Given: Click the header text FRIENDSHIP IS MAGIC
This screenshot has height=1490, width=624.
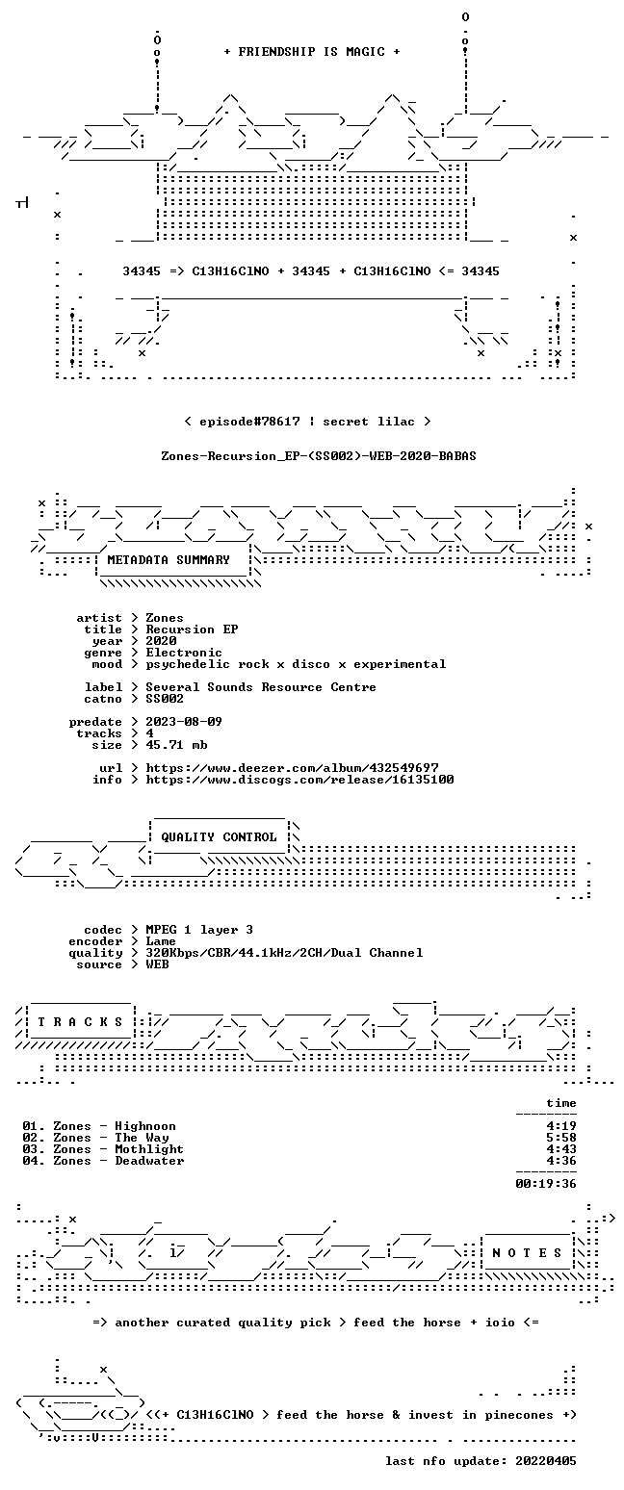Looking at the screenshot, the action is click(x=312, y=52).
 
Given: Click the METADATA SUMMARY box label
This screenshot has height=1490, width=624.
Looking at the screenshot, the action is click(x=169, y=560).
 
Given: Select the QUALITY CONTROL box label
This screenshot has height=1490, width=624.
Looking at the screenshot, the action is click(x=219, y=837).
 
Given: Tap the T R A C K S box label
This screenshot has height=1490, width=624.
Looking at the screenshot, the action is click(x=81, y=1022).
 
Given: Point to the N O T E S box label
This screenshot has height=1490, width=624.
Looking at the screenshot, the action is click(x=527, y=1253).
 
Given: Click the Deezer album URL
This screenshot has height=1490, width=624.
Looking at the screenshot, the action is click(x=292, y=768).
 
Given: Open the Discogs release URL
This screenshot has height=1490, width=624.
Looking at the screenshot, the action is click(x=300, y=780).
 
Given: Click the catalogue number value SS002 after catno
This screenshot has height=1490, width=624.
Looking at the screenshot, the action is click(x=165, y=699).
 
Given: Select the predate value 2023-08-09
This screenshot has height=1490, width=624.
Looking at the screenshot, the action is click(x=184, y=722).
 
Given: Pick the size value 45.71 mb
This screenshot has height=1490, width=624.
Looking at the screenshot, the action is click(x=176, y=745).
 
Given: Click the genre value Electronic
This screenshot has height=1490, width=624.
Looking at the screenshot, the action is click(x=184, y=653).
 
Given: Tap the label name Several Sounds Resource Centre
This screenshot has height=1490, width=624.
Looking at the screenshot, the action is click(x=261, y=687).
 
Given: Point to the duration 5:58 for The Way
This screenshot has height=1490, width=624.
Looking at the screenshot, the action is click(x=561, y=1138).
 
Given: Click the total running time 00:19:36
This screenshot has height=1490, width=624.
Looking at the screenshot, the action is click(x=546, y=1184).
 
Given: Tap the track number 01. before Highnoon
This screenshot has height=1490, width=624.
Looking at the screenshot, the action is click(x=34, y=1126).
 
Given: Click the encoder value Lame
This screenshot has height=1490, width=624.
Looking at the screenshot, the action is click(x=161, y=941).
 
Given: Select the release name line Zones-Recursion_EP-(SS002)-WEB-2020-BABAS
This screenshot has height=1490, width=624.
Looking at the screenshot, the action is click(x=319, y=456).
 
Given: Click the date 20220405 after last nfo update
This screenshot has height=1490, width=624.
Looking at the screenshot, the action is click(x=546, y=1461).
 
